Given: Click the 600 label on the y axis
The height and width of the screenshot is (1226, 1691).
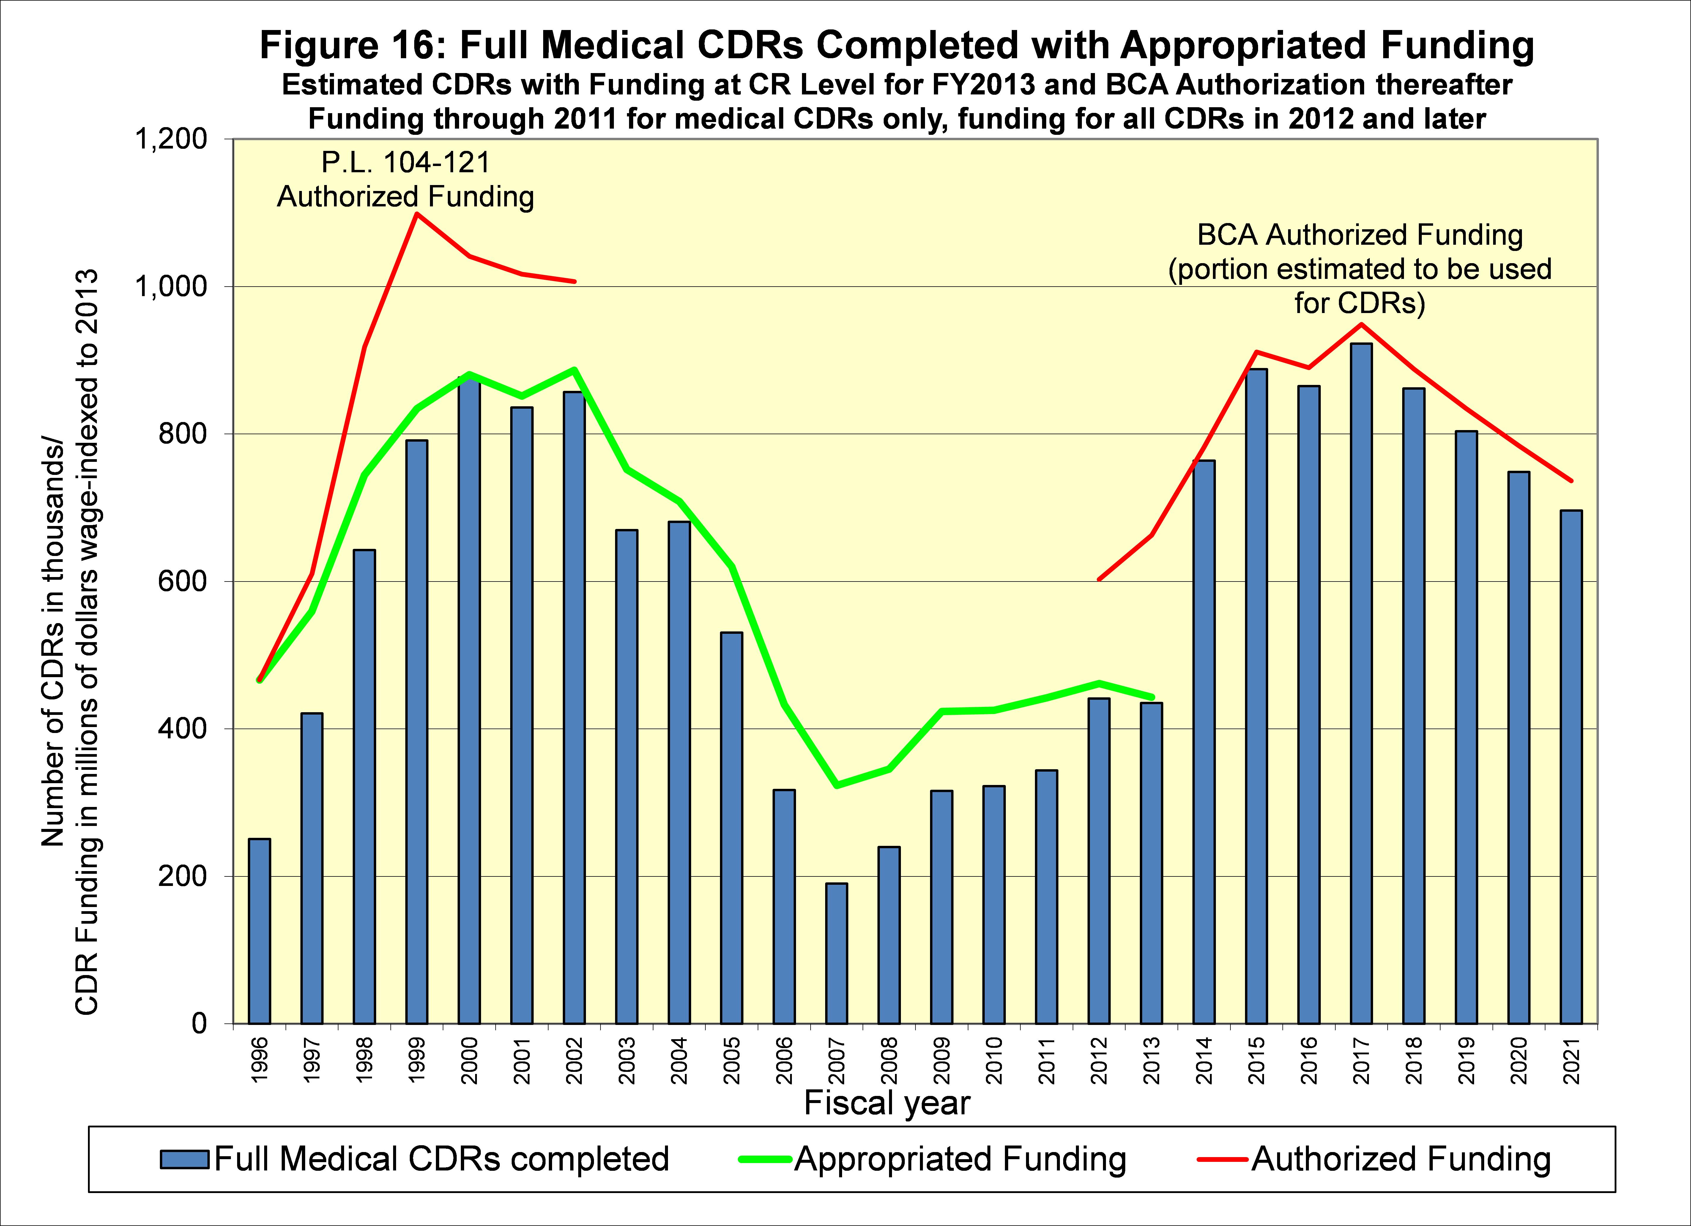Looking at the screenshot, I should [x=183, y=581].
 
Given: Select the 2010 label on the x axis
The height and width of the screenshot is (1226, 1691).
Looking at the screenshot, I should [x=994, y=1061].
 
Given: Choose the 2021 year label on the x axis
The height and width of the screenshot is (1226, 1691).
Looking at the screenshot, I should [x=1572, y=1061].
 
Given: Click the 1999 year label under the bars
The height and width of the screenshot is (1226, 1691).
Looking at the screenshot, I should [x=417, y=1061].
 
